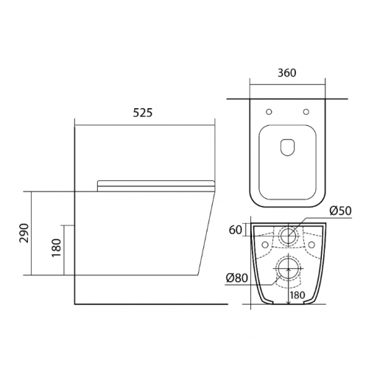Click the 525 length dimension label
(x=143, y=113)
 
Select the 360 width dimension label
(x=287, y=73)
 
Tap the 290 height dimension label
(x=24, y=233)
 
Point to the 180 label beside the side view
(x=56, y=247)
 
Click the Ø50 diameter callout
(x=340, y=211)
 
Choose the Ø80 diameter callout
(x=237, y=278)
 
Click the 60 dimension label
(x=236, y=230)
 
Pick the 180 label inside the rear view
(x=297, y=295)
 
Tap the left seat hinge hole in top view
(x=269, y=112)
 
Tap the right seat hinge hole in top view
(x=306, y=112)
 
